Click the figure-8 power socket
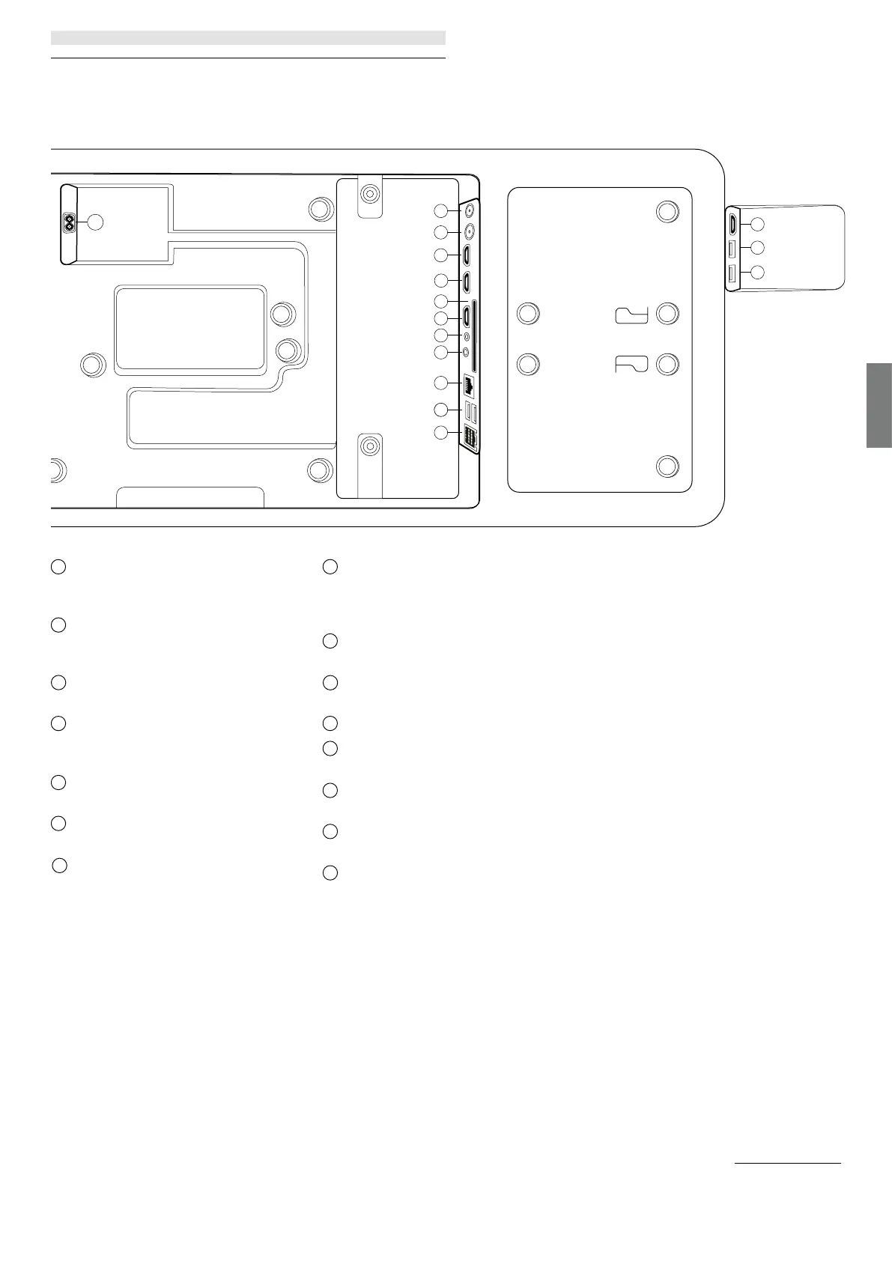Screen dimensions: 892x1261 click(x=70, y=222)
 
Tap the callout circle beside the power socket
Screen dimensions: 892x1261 click(x=94, y=222)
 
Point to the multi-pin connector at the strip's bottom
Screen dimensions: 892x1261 click(x=470, y=437)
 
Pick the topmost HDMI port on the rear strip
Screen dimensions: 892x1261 click(x=467, y=255)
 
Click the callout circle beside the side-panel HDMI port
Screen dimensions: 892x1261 click(x=757, y=224)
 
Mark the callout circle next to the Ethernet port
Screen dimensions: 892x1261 click(x=442, y=383)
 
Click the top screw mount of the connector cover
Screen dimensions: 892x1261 click(x=369, y=194)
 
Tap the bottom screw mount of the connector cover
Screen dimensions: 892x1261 click(x=368, y=447)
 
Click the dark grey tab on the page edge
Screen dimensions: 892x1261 click(x=879, y=405)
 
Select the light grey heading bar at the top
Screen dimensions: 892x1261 click(x=248, y=37)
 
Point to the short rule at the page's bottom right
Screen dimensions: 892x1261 click(x=787, y=1164)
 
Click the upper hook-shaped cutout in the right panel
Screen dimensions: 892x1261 click(x=631, y=315)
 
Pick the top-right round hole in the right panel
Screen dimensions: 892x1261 click(x=667, y=211)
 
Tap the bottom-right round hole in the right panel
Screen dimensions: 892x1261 click(x=667, y=467)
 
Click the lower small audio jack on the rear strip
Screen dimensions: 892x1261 click(x=467, y=350)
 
